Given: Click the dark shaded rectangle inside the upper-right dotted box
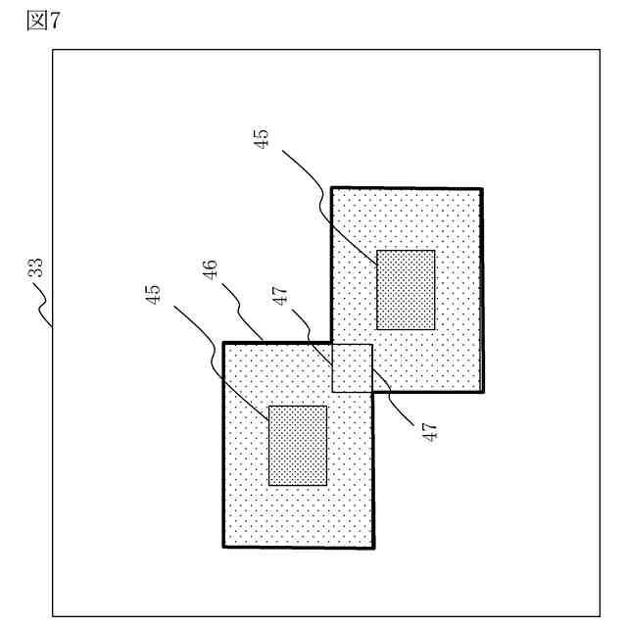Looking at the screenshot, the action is click(406, 289).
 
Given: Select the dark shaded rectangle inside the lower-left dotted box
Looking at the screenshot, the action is click(298, 445).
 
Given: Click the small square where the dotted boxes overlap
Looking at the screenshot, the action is click(353, 367).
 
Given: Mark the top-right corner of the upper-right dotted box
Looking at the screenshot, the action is click(482, 187).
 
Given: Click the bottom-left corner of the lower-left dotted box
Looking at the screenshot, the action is click(223, 547).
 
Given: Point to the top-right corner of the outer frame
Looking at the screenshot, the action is click(599, 49).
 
